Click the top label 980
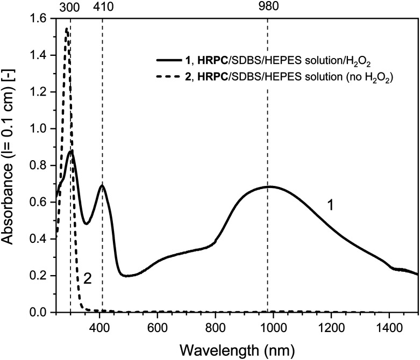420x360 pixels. click(267, 7)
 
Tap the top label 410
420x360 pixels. click(102, 7)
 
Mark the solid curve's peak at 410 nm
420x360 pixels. click(102, 186)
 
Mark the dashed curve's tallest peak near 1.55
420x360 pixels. click(66, 29)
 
